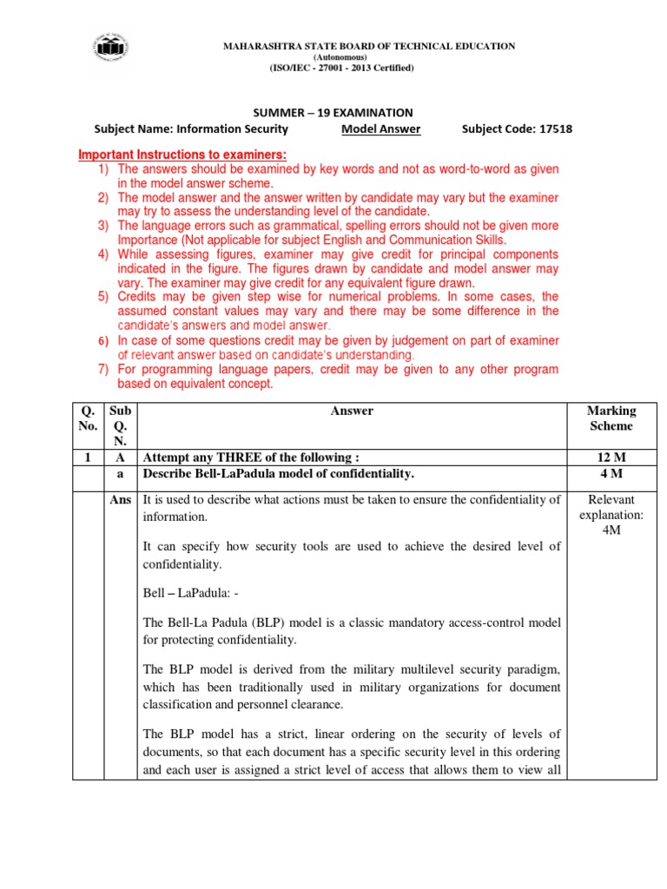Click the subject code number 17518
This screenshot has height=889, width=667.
click(x=554, y=129)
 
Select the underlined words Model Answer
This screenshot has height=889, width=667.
click(x=381, y=129)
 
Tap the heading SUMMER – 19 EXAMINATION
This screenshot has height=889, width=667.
click(x=333, y=113)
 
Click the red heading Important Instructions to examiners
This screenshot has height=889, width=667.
click(x=183, y=155)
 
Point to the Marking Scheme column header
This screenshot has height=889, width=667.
click(x=611, y=418)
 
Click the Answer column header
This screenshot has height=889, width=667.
click(x=352, y=411)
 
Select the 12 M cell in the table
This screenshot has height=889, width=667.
click(x=611, y=458)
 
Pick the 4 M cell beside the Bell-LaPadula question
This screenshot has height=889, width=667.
click(x=611, y=474)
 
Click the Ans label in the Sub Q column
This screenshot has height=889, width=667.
click(x=121, y=499)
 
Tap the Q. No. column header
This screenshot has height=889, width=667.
click(x=86, y=418)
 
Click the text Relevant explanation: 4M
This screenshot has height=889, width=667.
click(x=611, y=514)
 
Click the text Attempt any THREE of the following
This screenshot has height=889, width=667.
click(x=251, y=458)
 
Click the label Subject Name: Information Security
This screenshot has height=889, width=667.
click(x=190, y=129)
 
